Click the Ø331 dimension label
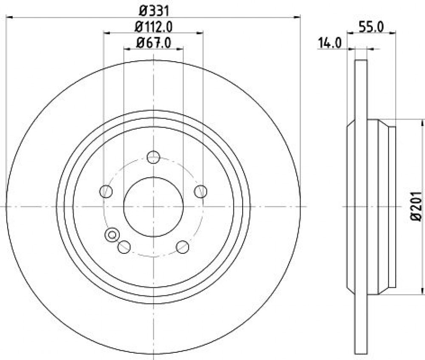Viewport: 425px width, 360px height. click(154, 11)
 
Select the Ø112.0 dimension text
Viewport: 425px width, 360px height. click(154, 27)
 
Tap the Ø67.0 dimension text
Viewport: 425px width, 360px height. click(154, 43)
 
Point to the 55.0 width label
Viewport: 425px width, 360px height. click(371, 27)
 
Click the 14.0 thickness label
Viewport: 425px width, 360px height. click(330, 43)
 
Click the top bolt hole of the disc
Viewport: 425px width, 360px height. click(153, 157)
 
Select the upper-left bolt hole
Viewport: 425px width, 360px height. click(106, 191)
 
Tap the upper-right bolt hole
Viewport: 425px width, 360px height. click(201, 191)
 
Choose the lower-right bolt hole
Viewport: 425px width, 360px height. click(182, 247)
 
